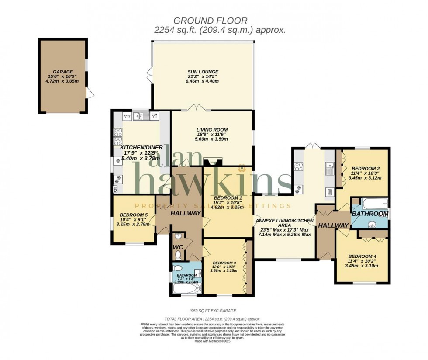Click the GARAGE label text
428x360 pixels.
point(63,72)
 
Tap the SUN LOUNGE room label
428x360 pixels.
point(202,72)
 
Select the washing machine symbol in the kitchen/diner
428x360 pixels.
point(127,116)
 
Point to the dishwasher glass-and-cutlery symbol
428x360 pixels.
point(154,116)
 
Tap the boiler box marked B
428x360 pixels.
point(115,189)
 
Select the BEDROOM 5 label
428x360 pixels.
point(133,215)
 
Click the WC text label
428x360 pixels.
point(178,247)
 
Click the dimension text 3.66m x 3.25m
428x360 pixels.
point(223,270)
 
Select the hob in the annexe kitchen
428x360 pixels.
point(299,166)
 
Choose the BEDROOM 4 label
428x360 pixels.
point(361,256)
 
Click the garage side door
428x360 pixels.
point(90,93)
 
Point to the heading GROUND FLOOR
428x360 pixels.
point(211,21)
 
